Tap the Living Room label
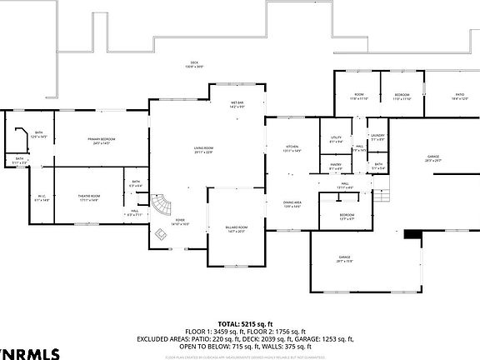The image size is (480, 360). pyautogui.click(x=203, y=150)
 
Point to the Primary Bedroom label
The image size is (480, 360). pyautogui.click(x=101, y=141)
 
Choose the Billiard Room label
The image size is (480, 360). pyautogui.click(x=236, y=229)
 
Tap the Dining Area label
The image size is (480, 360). pyautogui.click(x=292, y=204)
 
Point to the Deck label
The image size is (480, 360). pyautogui.click(x=193, y=66)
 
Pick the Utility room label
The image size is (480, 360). pyautogui.click(x=336, y=140)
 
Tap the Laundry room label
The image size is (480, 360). pyautogui.click(x=377, y=137)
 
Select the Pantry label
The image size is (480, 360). pyautogui.click(x=336, y=167)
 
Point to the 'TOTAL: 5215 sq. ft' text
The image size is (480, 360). pyautogui.click(x=240, y=323)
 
